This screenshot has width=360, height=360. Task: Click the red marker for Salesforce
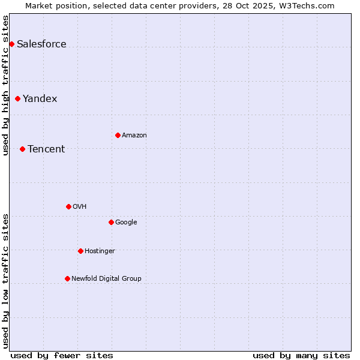[x=11, y=44]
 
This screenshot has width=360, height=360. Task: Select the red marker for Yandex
[x=17, y=98]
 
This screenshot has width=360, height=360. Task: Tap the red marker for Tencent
[x=22, y=149]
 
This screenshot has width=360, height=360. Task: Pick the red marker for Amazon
[x=118, y=135]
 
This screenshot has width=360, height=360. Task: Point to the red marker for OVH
[x=68, y=206]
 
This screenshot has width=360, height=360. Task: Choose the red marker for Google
[x=111, y=222]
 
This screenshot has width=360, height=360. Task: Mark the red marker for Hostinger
[x=80, y=251]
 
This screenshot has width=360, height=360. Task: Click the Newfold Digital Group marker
[x=67, y=278]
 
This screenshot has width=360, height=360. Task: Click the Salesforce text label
[x=41, y=44]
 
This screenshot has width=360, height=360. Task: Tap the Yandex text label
[x=40, y=98]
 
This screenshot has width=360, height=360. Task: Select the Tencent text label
[x=46, y=149]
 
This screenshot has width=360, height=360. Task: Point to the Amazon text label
[x=134, y=135]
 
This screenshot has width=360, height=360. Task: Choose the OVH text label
[x=80, y=206]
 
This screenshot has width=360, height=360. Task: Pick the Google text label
[x=126, y=222]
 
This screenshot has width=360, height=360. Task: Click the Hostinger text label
[x=100, y=251]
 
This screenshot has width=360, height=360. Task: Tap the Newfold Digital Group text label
[x=106, y=278]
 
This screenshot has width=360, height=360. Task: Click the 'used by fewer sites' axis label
[x=62, y=355]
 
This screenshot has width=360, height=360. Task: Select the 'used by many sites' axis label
[x=301, y=355]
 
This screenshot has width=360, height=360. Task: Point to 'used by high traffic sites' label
[x=5, y=85]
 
